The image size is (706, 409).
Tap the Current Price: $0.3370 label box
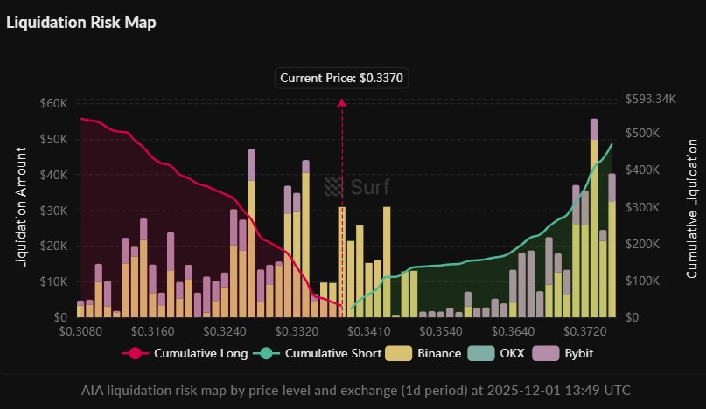pyautogui.click(x=342, y=78)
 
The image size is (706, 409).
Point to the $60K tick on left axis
pyautogui.click(x=54, y=103)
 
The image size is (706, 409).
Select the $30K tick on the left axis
pyautogui.click(x=54, y=211)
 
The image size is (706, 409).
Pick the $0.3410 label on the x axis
pyautogui.click(x=379, y=331)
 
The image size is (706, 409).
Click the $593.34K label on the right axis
pyautogui.click(x=652, y=99)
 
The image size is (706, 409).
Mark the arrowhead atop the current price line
pyautogui.click(x=342, y=103)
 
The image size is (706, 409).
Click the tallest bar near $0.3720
pyautogui.click(x=594, y=218)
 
